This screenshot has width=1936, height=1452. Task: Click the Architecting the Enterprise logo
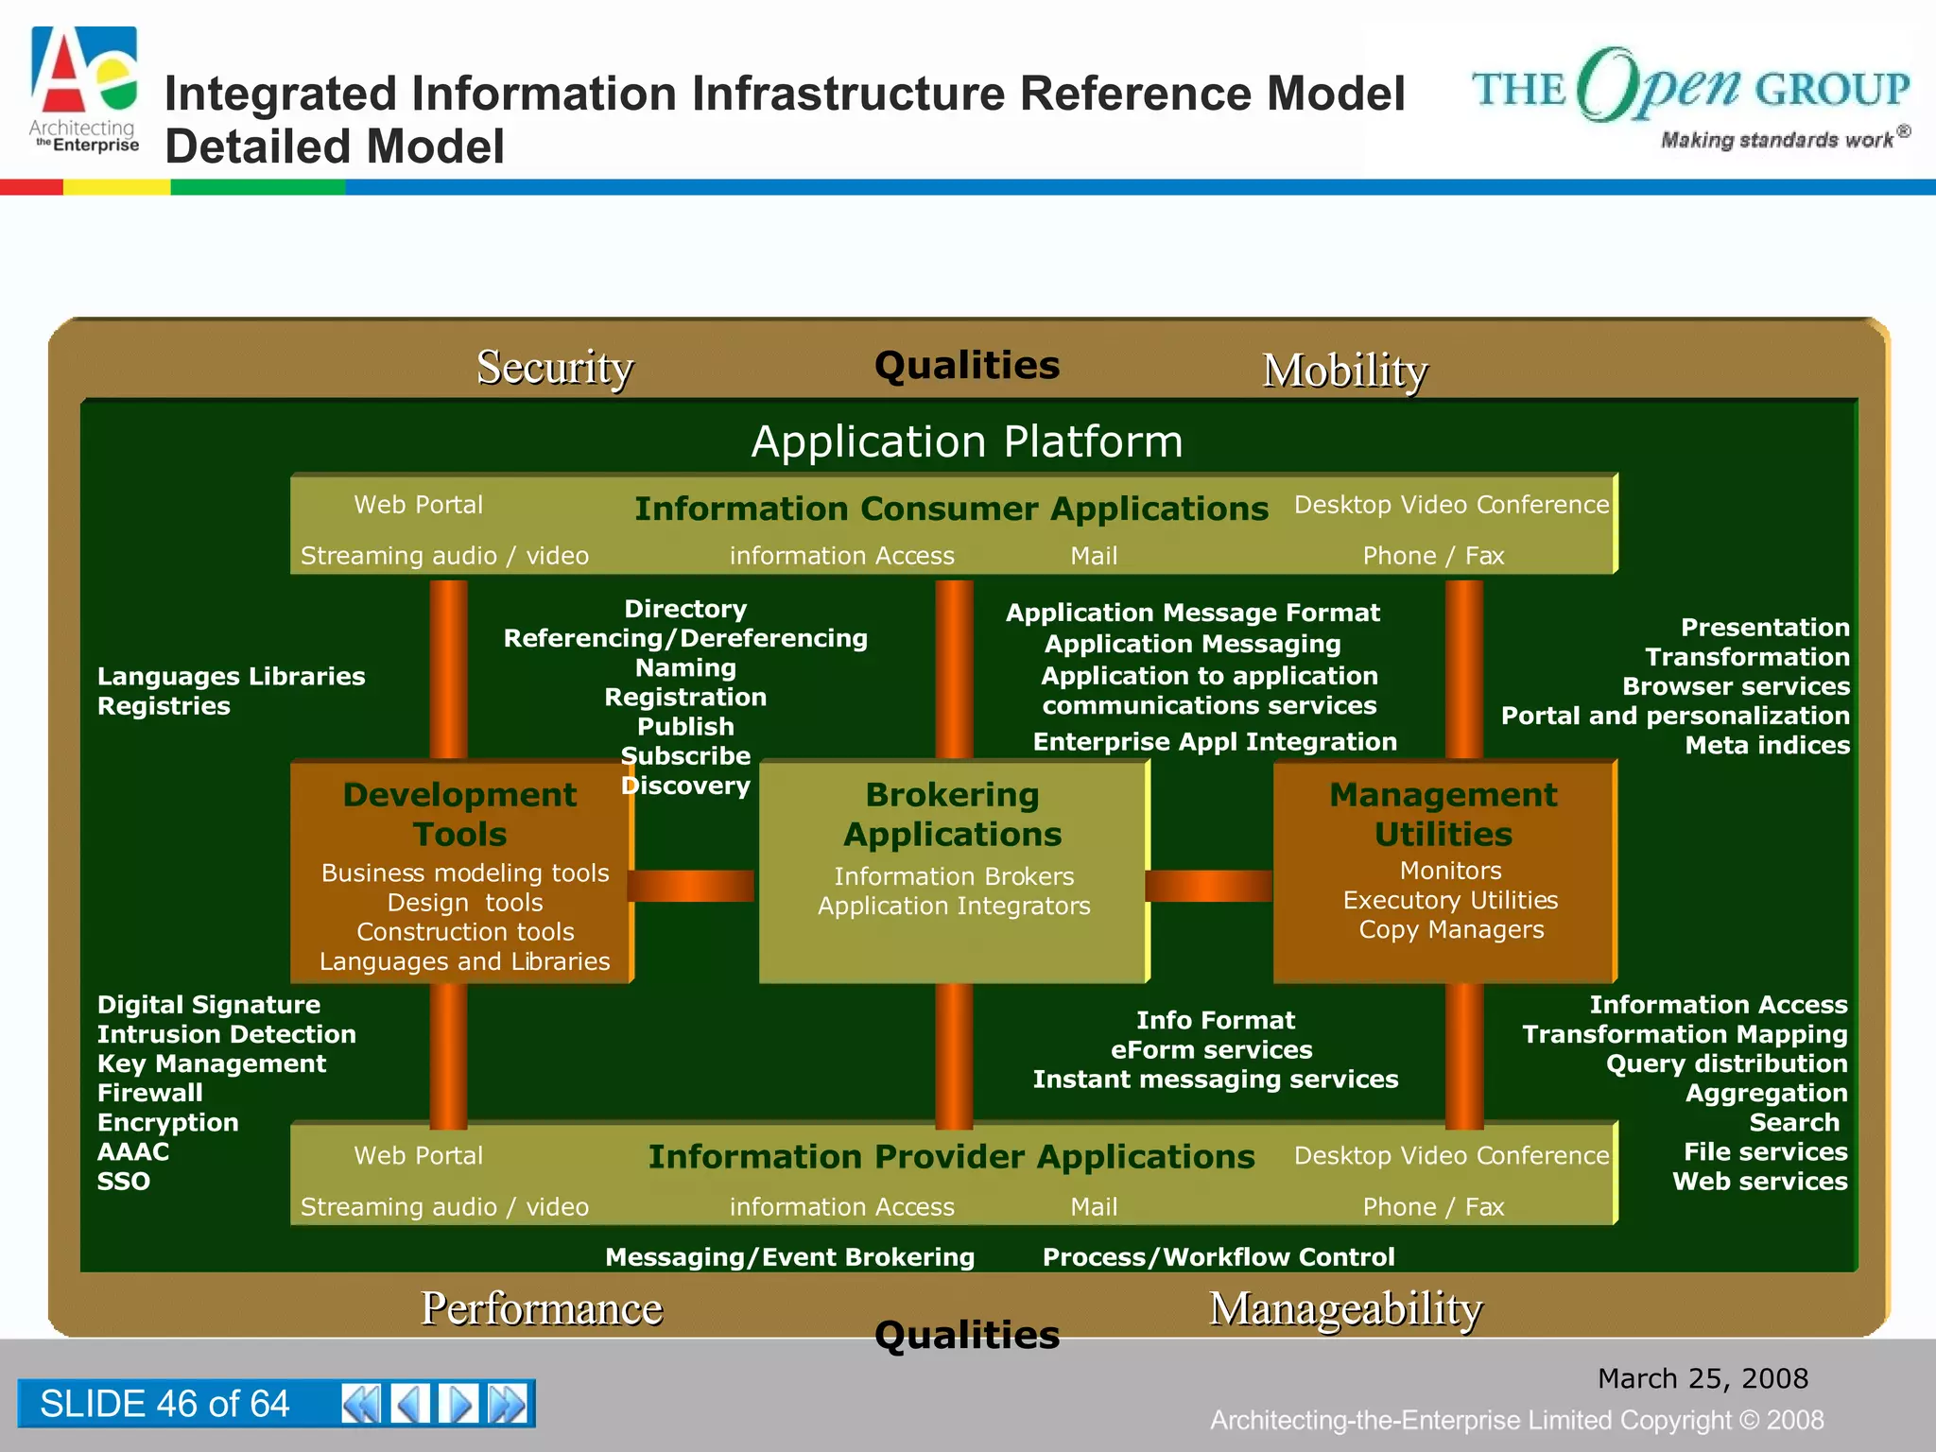[x=85, y=91]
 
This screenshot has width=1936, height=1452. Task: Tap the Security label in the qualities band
[x=554, y=367]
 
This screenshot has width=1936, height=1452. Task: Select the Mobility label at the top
[x=1344, y=370]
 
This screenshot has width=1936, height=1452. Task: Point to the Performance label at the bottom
[x=541, y=1308]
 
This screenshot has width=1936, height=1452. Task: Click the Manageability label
[x=1345, y=1309]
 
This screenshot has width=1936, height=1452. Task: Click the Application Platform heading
[x=966, y=441]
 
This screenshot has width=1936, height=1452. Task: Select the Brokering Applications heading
[x=952, y=814]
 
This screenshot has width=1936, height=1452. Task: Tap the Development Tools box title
[x=459, y=814]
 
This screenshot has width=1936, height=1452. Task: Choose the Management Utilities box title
[x=1443, y=814]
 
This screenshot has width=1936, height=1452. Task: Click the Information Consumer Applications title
[x=950, y=509]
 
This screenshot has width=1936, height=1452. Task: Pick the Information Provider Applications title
[x=950, y=1156]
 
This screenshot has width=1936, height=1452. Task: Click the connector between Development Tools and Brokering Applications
[x=692, y=886]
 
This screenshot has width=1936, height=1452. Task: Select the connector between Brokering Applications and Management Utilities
[x=1209, y=886]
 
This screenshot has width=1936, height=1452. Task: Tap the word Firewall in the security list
[x=149, y=1093]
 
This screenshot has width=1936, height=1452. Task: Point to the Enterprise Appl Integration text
[x=1214, y=742]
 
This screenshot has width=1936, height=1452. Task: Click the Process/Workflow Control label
[x=1218, y=1257]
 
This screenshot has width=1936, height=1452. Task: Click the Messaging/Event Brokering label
[x=789, y=1257]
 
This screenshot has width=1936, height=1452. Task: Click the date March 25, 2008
[x=1702, y=1378]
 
